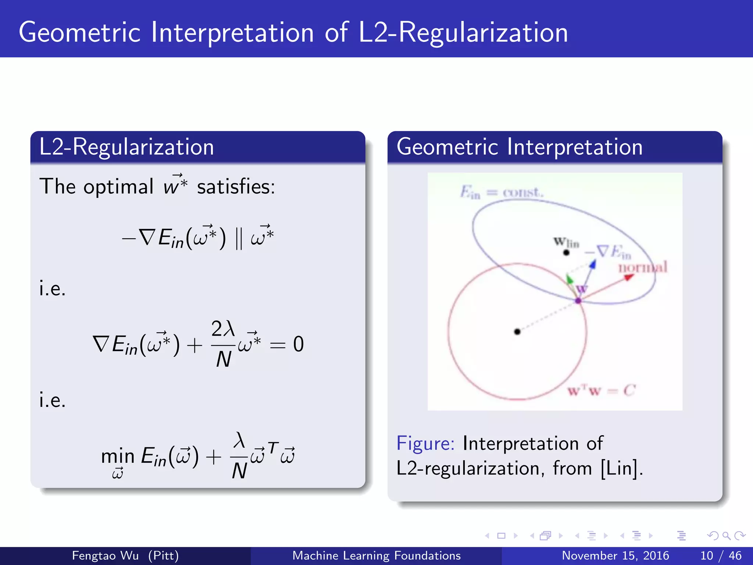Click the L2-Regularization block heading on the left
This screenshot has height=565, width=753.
pos(126,147)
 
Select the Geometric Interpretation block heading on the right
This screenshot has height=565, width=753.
pos(519,147)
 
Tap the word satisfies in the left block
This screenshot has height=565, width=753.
pos(235,186)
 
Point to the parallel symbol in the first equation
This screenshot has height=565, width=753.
pos(239,238)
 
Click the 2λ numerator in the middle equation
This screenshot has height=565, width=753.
pos(223,328)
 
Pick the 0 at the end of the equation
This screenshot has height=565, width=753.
pos(298,345)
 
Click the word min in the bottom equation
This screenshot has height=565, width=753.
pos(118,456)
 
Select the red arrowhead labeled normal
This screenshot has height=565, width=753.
pos(628,277)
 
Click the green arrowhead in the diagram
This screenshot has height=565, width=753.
pos(569,279)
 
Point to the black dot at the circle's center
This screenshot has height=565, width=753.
pos(517,332)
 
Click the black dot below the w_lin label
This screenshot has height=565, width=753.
pos(566,253)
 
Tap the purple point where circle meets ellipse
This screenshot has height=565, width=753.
pos(578,301)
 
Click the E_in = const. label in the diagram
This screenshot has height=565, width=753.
pos(502,192)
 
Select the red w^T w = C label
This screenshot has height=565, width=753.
pos(601,390)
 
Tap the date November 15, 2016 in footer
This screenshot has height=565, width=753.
pos(615,555)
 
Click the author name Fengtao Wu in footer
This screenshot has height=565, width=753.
pos(105,555)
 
